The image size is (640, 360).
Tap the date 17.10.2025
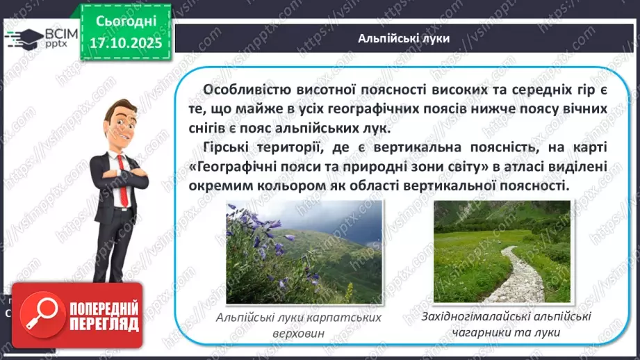125,43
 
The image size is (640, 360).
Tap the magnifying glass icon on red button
43,313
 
